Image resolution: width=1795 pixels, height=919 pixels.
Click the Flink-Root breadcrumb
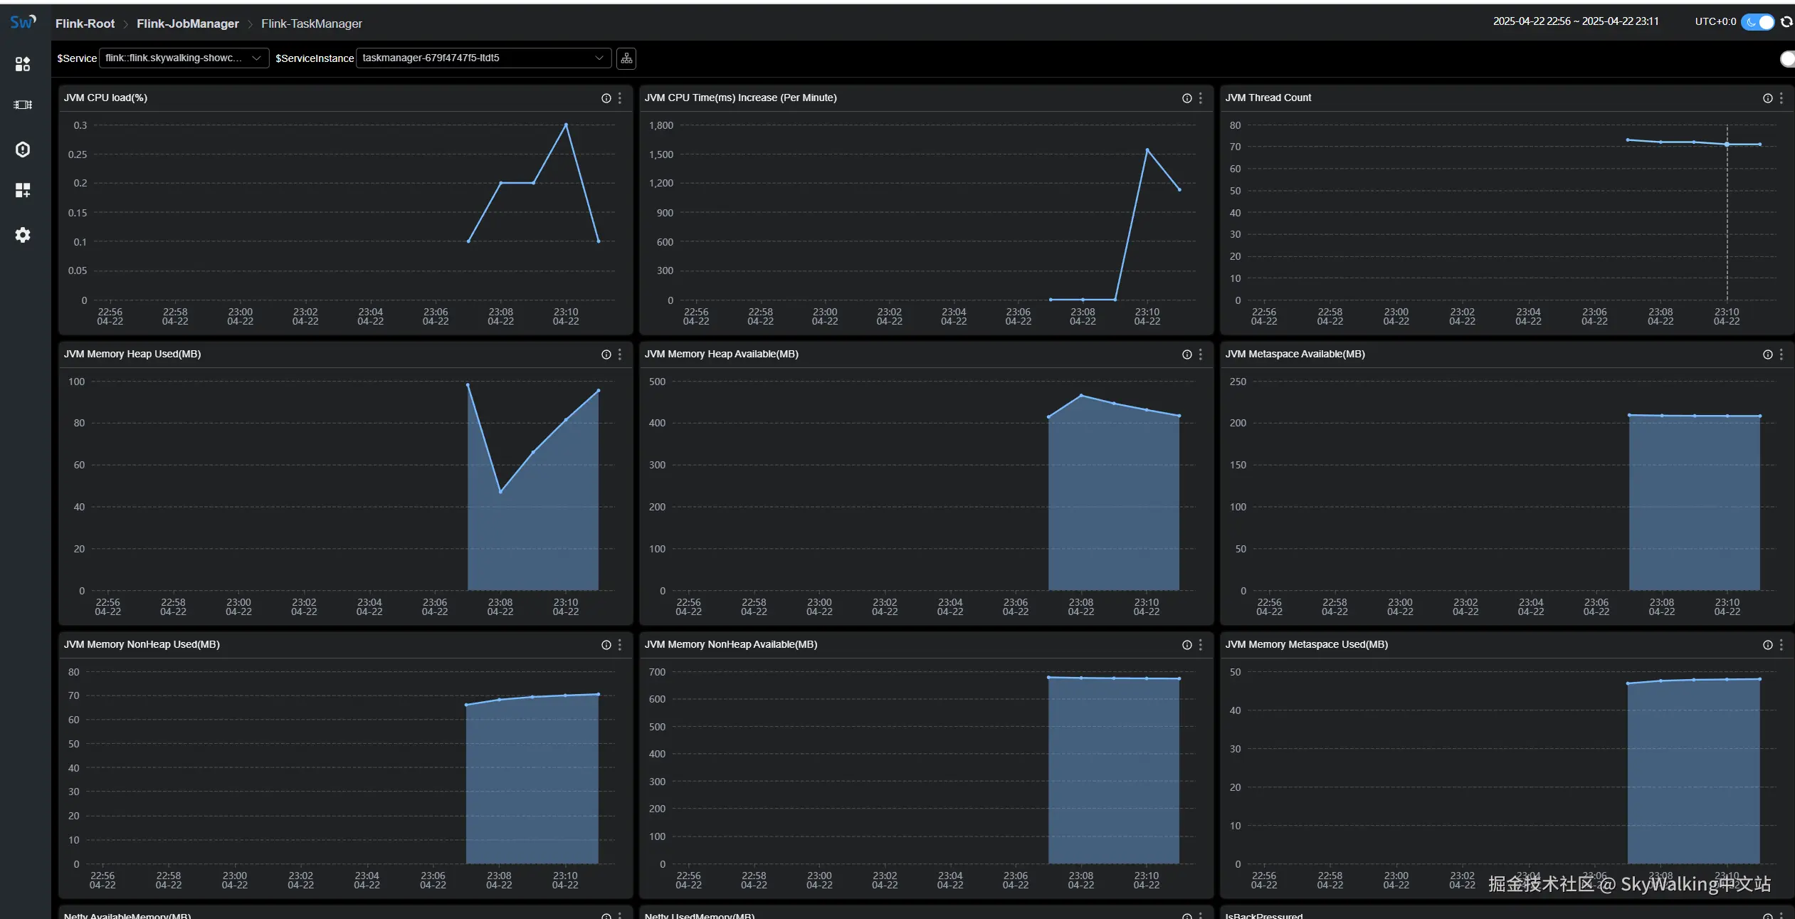pyautogui.click(x=85, y=23)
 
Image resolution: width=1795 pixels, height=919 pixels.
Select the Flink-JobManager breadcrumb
pyautogui.click(x=187, y=23)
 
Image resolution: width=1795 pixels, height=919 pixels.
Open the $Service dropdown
pyautogui.click(x=183, y=58)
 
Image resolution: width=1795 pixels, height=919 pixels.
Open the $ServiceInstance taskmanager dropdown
pyautogui.click(x=483, y=58)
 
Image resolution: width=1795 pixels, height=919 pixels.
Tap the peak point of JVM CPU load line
pyautogui.click(x=566, y=125)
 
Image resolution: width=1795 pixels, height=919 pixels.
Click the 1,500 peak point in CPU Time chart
pyautogui.click(x=1147, y=150)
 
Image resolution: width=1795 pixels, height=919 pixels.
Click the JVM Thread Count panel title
pyautogui.click(x=1268, y=98)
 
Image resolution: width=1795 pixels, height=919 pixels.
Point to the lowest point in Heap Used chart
pyautogui.click(x=500, y=491)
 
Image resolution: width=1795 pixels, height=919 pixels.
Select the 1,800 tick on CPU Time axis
pyautogui.click(x=660, y=125)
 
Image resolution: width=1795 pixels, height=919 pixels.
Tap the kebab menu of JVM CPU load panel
pyautogui.click(x=620, y=98)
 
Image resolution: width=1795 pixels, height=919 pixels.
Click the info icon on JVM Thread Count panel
pyautogui.click(x=1767, y=98)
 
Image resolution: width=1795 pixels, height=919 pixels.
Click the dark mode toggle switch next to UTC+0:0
pyautogui.click(x=1757, y=22)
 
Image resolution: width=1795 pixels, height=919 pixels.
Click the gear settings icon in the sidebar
pyautogui.click(x=23, y=235)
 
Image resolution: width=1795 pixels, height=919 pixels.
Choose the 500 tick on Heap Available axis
pyautogui.click(x=657, y=382)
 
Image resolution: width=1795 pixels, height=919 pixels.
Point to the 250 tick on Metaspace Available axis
pyautogui.click(x=1238, y=382)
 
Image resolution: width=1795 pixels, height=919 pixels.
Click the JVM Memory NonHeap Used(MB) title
pyautogui.click(x=142, y=644)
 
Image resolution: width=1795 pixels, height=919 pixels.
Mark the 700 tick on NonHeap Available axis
pyautogui.click(x=657, y=672)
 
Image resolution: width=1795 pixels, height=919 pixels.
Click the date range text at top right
pyautogui.click(x=1575, y=21)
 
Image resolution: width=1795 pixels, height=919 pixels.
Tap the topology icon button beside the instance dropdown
pyautogui.click(x=626, y=58)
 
